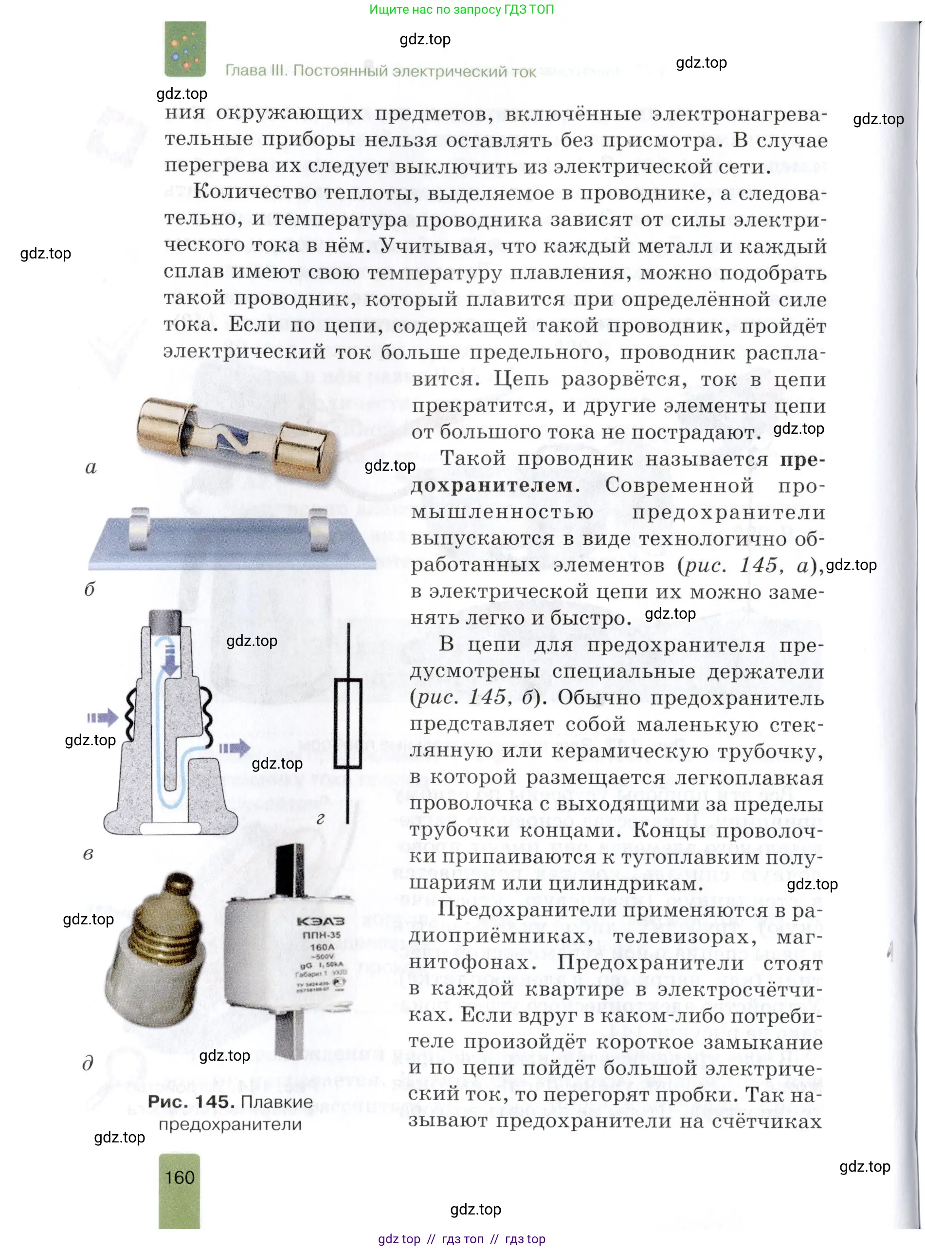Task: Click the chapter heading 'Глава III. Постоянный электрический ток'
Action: (380, 71)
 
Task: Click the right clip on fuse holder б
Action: (318, 529)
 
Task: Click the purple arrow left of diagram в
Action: (103, 717)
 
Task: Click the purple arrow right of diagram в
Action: (234, 748)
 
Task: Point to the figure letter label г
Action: (320, 818)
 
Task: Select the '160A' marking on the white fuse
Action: (322, 947)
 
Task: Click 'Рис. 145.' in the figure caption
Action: (191, 1102)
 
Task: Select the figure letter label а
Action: (91, 467)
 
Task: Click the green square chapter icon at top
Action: (185, 49)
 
